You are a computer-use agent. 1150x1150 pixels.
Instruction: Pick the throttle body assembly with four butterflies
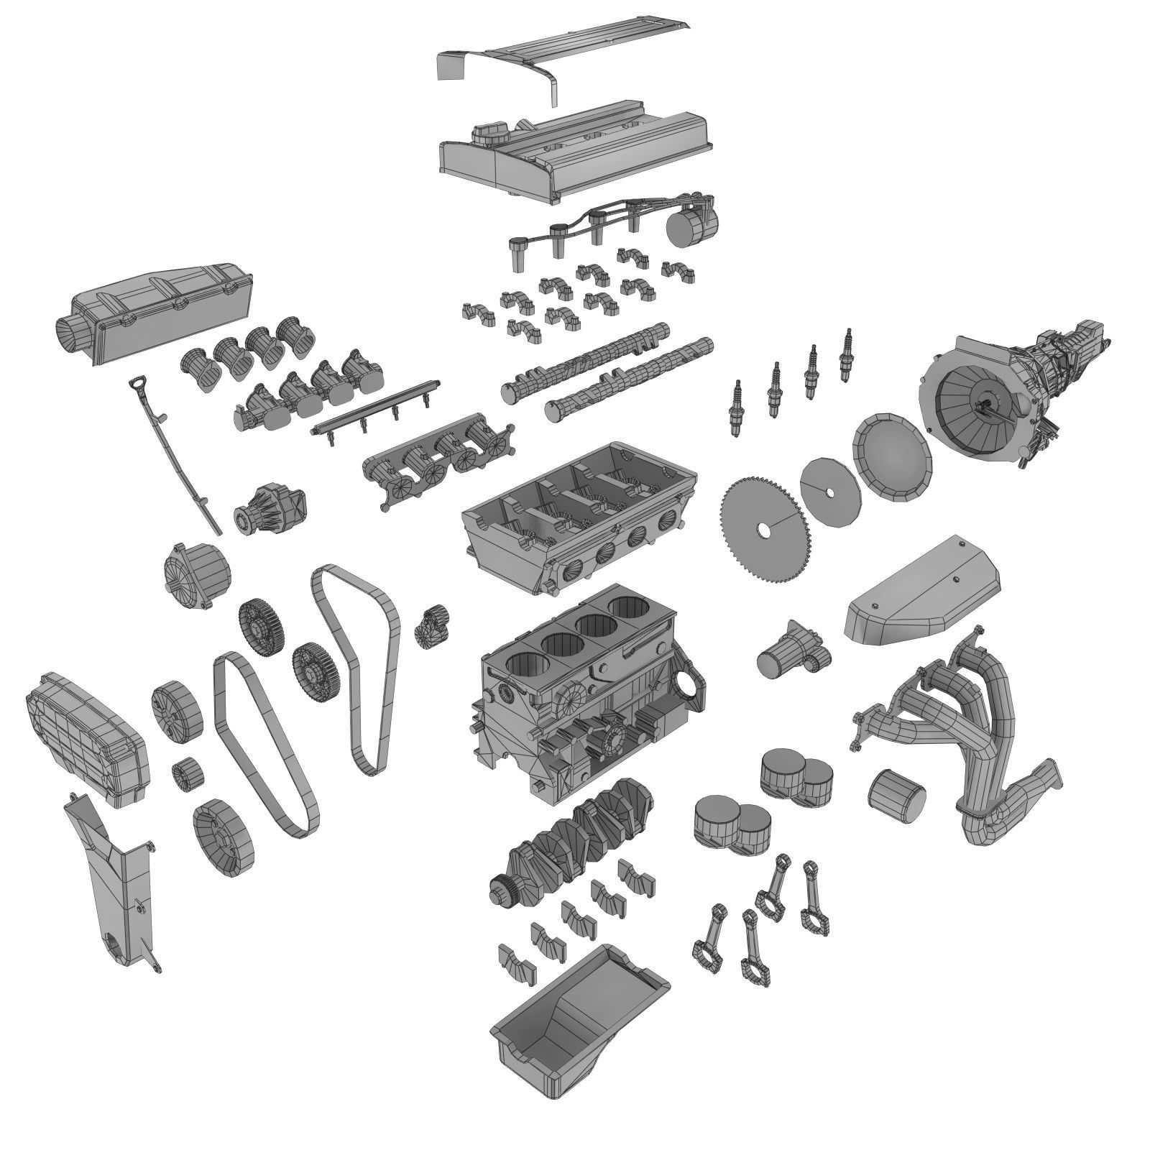[438, 464]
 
